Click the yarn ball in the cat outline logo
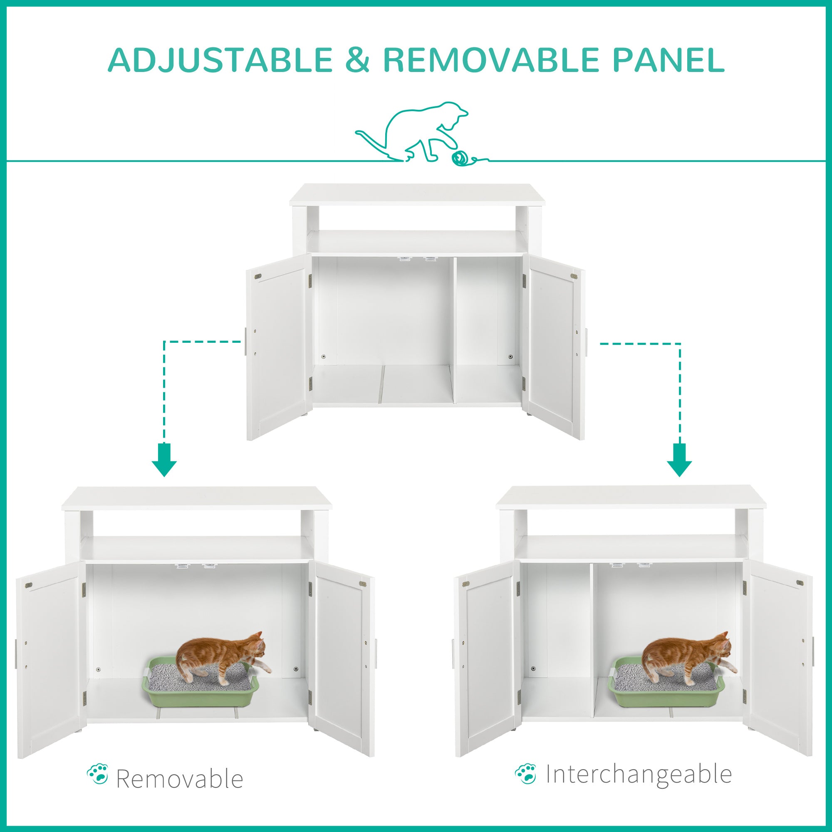(x=460, y=158)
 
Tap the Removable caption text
(x=180, y=779)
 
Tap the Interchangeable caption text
(x=639, y=774)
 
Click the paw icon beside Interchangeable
(x=526, y=773)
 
